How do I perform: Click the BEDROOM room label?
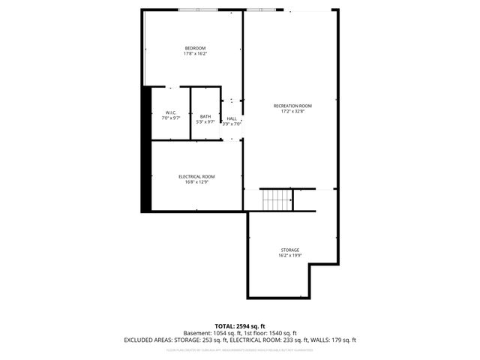coord(195,48)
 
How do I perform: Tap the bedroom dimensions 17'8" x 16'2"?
coord(195,54)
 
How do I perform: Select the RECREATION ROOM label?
coord(292,106)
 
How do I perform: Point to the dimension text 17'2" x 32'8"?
coord(292,112)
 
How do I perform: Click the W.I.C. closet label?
coord(171,113)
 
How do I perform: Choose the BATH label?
coord(205,116)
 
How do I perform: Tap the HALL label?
coord(232,118)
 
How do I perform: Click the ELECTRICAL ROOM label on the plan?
coord(196,176)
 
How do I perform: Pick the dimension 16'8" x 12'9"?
coord(196,182)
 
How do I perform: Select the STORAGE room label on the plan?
coord(289,250)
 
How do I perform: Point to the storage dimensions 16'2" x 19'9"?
coord(289,256)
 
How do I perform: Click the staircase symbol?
coord(276,200)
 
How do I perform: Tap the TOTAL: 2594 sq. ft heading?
coord(240,326)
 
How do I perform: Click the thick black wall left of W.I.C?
coord(147,150)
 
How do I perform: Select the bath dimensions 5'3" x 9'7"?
coord(205,122)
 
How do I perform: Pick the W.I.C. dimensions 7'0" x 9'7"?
coord(171,119)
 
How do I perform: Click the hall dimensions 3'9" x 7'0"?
coord(232,124)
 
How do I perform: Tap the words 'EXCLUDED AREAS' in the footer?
coord(148,340)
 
